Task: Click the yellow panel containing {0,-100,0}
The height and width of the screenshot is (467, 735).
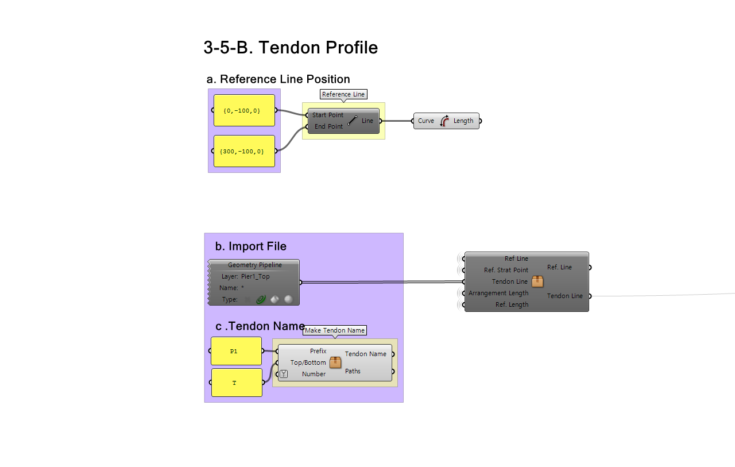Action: (x=244, y=110)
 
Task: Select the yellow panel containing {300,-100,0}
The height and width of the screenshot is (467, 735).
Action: (x=244, y=151)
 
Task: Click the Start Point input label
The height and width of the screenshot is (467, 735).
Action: (x=328, y=115)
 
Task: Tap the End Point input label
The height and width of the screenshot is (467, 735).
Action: (x=328, y=126)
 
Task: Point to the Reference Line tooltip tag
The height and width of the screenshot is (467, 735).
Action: (x=343, y=94)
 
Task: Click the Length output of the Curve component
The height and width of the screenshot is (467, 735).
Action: (x=463, y=121)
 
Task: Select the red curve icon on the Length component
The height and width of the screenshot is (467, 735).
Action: (x=444, y=121)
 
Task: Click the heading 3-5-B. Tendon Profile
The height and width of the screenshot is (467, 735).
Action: (x=291, y=48)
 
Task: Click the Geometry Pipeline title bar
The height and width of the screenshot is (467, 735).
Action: (x=255, y=265)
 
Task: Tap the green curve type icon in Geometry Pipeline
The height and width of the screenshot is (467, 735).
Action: (x=261, y=299)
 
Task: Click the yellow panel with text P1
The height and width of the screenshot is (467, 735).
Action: (x=236, y=351)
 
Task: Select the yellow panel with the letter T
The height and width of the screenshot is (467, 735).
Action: (x=237, y=383)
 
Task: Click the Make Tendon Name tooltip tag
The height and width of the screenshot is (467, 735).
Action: (x=335, y=330)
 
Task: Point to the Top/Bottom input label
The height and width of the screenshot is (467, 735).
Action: (x=308, y=362)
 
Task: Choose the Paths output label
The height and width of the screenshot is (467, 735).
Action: (x=353, y=371)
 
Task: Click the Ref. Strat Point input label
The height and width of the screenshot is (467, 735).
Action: (x=506, y=270)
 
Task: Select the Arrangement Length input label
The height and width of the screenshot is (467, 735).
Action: (x=498, y=293)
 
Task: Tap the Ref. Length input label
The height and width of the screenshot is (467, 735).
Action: (x=512, y=304)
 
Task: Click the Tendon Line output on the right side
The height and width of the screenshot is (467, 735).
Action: (x=565, y=296)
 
